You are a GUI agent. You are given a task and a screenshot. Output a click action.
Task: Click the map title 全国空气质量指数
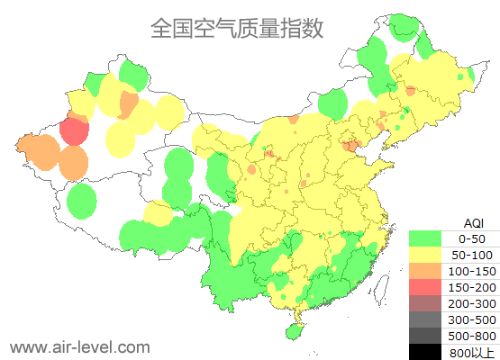pos(237,28)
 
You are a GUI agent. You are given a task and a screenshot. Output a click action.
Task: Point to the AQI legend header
pos(473,222)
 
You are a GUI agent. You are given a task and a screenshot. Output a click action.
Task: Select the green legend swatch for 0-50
pos(425,238)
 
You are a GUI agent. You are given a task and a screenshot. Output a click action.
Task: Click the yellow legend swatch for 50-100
pos(425,255)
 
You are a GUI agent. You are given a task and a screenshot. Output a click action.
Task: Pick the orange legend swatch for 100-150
pos(425,271)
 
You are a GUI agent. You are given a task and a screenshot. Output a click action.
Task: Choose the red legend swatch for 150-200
pos(425,287)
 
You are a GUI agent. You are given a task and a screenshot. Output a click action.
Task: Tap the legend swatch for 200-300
pos(425,303)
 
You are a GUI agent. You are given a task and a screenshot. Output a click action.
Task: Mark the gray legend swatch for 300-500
pos(425,319)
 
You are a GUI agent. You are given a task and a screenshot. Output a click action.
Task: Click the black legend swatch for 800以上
pos(425,352)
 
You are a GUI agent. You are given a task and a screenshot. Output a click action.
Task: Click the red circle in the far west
pos(74,132)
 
